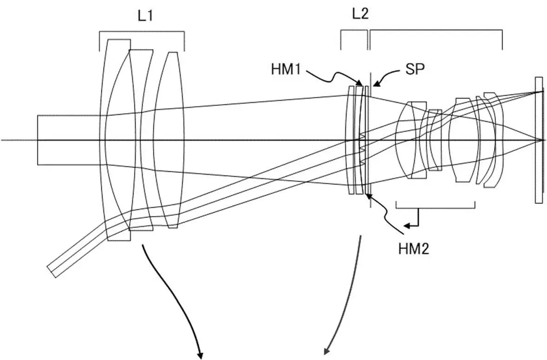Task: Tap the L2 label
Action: [x=360, y=14]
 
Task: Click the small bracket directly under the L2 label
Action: [x=353, y=32]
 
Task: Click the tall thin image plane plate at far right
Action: [x=538, y=139]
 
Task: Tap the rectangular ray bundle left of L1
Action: [x=70, y=139]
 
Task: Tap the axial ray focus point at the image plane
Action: [x=540, y=140]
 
